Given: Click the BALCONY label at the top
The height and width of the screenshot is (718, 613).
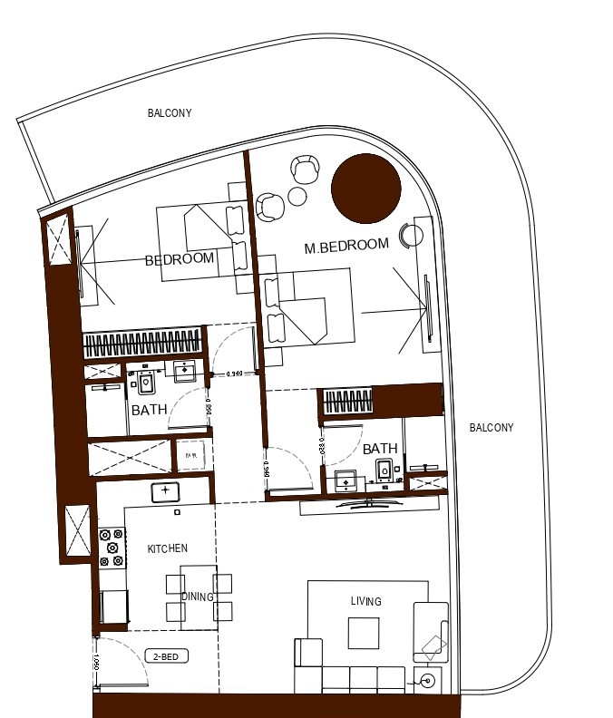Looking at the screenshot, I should [170, 113].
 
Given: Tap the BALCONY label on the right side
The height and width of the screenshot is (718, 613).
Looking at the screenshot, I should [491, 428].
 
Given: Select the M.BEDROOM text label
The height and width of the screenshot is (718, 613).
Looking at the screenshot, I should [346, 245].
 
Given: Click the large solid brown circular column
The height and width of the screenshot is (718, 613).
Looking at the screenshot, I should [365, 188].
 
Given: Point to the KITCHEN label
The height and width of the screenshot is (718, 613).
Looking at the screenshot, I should [168, 548].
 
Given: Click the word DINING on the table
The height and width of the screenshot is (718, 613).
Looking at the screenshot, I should [197, 597].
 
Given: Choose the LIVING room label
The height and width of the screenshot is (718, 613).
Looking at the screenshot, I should [366, 601].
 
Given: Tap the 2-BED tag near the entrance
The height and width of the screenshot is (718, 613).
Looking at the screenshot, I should [166, 656].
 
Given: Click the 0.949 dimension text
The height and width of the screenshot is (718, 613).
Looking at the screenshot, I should [235, 374].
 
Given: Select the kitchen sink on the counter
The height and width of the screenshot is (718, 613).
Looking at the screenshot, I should [166, 492].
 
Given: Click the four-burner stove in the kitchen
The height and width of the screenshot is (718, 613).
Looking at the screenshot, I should [112, 548].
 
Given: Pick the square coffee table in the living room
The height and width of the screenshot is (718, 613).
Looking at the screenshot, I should [365, 633].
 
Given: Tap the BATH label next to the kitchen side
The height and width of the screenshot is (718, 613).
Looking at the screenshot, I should [149, 410].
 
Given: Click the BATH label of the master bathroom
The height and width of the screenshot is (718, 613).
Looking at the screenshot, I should [380, 449].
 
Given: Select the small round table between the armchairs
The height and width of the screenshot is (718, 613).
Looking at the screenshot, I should [297, 197].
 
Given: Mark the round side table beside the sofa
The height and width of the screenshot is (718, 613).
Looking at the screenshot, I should [427, 680].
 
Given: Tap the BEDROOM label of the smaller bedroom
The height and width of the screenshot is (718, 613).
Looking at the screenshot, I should [180, 258].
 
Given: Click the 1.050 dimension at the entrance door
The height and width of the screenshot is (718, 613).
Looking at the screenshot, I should [94, 662].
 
